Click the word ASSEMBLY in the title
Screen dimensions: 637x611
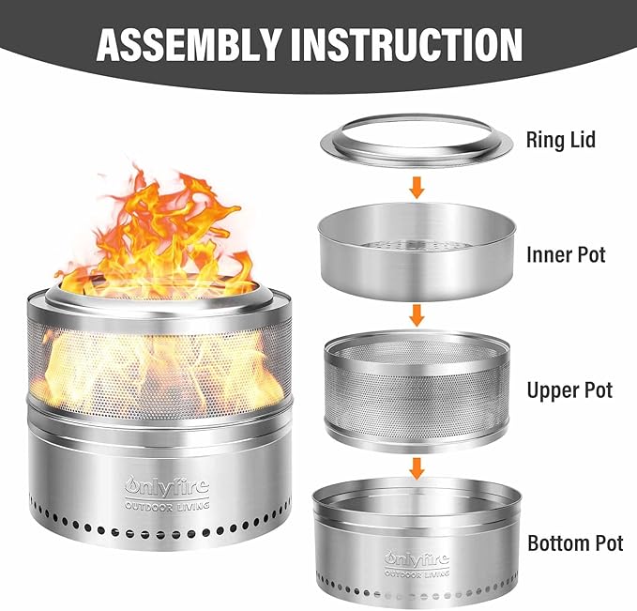(x=189, y=45)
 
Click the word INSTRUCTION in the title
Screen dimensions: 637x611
(x=406, y=45)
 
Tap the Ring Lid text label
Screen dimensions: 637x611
(x=561, y=140)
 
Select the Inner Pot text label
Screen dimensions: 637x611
(x=566, y=255)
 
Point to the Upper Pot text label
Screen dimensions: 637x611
(x=569, y=390)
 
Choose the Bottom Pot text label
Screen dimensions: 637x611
(x=575, y=543)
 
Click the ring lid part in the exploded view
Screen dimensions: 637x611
(x=417, y=155)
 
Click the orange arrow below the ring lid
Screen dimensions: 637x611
(x=417, y=187)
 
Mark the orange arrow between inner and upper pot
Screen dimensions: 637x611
(x=417, y=315)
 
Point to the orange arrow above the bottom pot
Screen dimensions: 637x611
(x=417, y=468)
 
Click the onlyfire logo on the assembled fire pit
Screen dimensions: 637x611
(x=167, y=486)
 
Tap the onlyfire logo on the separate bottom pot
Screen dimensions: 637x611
(x=417, y=559)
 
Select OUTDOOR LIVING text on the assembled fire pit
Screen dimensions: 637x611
(x=167, y=506)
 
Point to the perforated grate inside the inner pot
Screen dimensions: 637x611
(x=417, y=245)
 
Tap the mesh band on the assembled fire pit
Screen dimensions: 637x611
(x=159, y=370)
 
